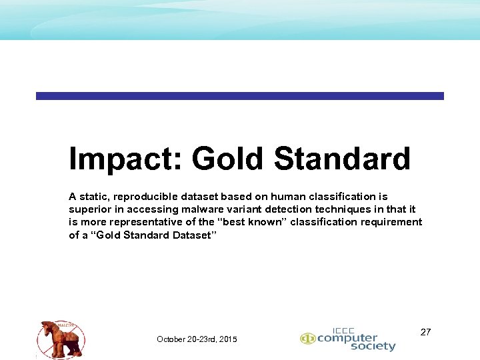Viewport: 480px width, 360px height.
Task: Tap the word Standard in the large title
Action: [x=342, y=160]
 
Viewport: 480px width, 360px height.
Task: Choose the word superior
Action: [x=91, y=209]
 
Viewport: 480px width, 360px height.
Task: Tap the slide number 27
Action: [x=425, y=331]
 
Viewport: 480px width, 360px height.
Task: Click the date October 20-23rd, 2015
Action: [x=197, y=339]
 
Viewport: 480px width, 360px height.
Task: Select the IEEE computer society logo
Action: [x=347, y=339]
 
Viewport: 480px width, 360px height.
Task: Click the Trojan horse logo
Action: [x=61, y=338]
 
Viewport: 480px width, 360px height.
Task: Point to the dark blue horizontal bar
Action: [x=239, y=96]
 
